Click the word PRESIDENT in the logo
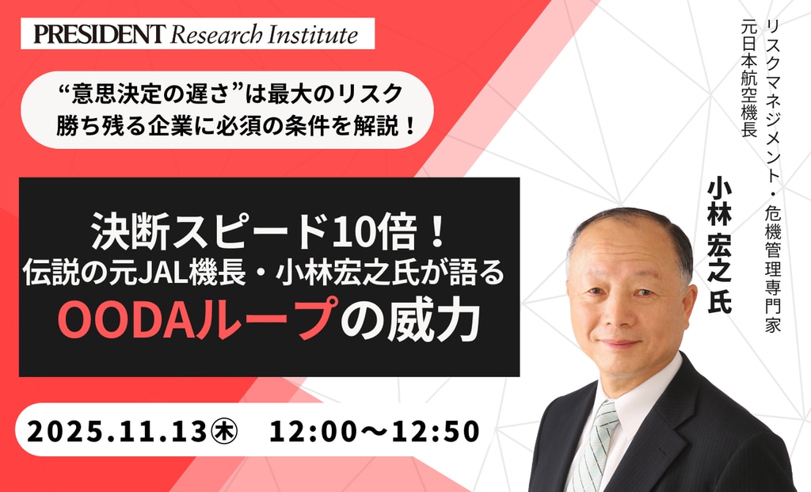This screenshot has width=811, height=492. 99,34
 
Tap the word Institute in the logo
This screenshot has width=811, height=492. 312,34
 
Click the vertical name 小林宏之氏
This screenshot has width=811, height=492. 719,245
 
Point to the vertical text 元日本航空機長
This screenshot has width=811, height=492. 749,78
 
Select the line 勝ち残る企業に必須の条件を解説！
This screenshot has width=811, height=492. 236,126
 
